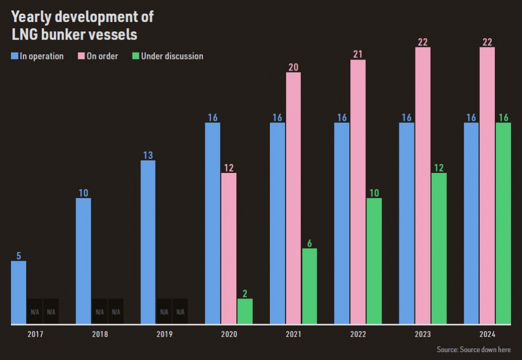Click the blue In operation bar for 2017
pos(19,293)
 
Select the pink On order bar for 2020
pos(229,248)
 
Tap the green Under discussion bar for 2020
pos(245,311)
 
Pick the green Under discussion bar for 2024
pos(503,224)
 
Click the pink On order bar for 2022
pos(358,192)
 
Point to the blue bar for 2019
pos(148,242)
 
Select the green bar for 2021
pos(310,286)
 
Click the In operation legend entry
pos(38,56)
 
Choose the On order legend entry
pos(98,56)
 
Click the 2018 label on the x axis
pos(100,334)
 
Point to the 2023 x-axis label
pos(423,334)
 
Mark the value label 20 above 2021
pos(293,66)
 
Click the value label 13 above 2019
pos(148,155)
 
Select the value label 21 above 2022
pos(358,54)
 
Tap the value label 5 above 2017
pos(19,256)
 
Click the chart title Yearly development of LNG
pos(82,25)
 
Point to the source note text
pos(473,350)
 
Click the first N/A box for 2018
pos(99,311)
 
